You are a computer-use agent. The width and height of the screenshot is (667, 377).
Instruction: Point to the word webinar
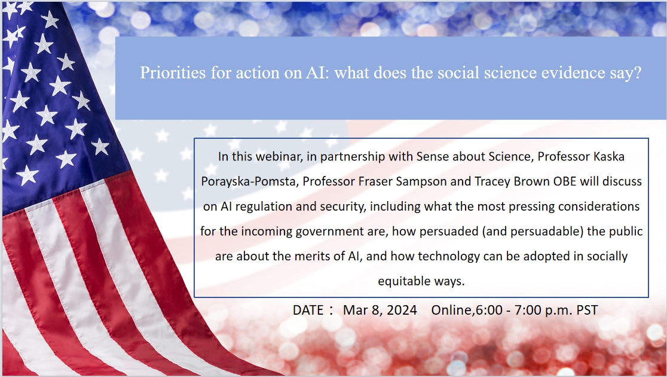pos(280,157)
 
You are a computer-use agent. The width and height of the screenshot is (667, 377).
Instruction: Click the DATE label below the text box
pos(308,310)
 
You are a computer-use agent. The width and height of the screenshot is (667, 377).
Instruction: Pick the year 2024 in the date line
pos(401,310)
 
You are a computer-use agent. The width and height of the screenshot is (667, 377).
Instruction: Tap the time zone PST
pos(588,310)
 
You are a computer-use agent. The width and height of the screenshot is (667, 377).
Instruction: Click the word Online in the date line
pos(451,310)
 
